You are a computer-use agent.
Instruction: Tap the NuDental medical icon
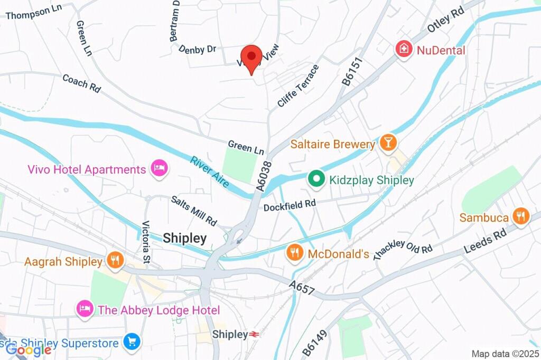(x=404, y=50)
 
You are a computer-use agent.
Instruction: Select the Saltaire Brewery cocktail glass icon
(x=388, y=143)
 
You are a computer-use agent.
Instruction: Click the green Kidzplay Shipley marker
(x=316, y=179)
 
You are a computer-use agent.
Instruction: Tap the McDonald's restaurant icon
(x=294, y=253)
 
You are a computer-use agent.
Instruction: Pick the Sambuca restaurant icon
(x=520, y=216)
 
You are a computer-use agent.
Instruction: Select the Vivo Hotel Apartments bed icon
(x=158, y=169)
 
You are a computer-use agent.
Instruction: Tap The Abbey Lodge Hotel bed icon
(x=85, y=309)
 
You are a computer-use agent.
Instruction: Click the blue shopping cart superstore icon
(x=132, y=342)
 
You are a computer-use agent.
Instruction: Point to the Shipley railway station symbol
(x=255, y=334)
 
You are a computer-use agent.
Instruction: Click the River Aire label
(x=210, y=172)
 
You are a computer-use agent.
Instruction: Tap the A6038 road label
(x=264, y=176)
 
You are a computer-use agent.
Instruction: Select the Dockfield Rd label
(x=289, y=204)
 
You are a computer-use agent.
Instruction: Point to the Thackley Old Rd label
(x=403, y=250)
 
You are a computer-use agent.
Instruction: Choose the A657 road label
(x=302, y=288)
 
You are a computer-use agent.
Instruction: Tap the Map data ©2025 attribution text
(x=505, y=354)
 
